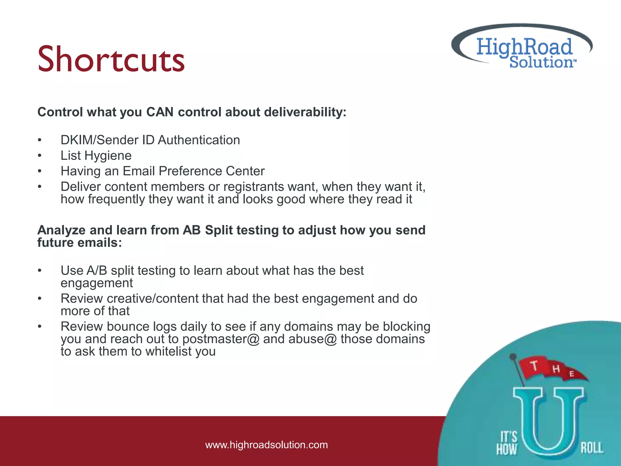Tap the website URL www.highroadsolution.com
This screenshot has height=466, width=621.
pos(266,445)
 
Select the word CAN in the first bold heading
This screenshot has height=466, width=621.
pos(160,112)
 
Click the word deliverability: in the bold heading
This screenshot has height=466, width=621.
pos(305,112)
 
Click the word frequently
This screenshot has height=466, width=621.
pos(116,199)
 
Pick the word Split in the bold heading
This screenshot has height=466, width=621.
pos(219,230)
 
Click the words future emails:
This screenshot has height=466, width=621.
pos(79,243)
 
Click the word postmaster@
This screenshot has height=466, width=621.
pos(221,339)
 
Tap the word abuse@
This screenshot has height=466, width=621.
pos(313,339)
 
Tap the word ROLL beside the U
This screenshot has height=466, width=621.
pos(592,448)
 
